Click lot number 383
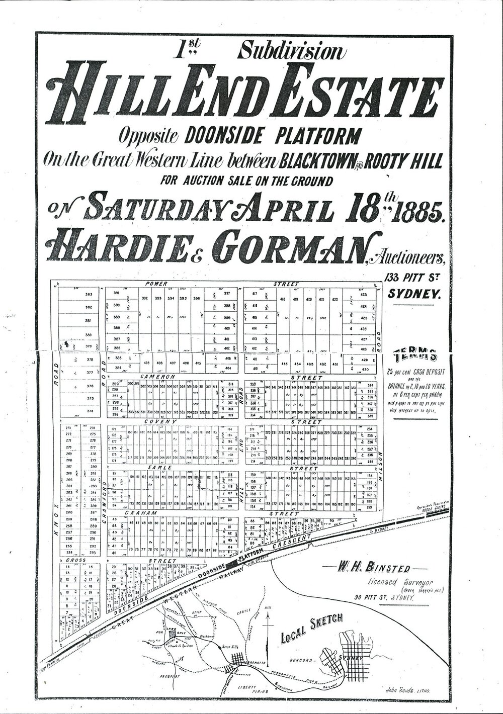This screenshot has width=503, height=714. [90, 294]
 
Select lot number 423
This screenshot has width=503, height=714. [364, 294]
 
